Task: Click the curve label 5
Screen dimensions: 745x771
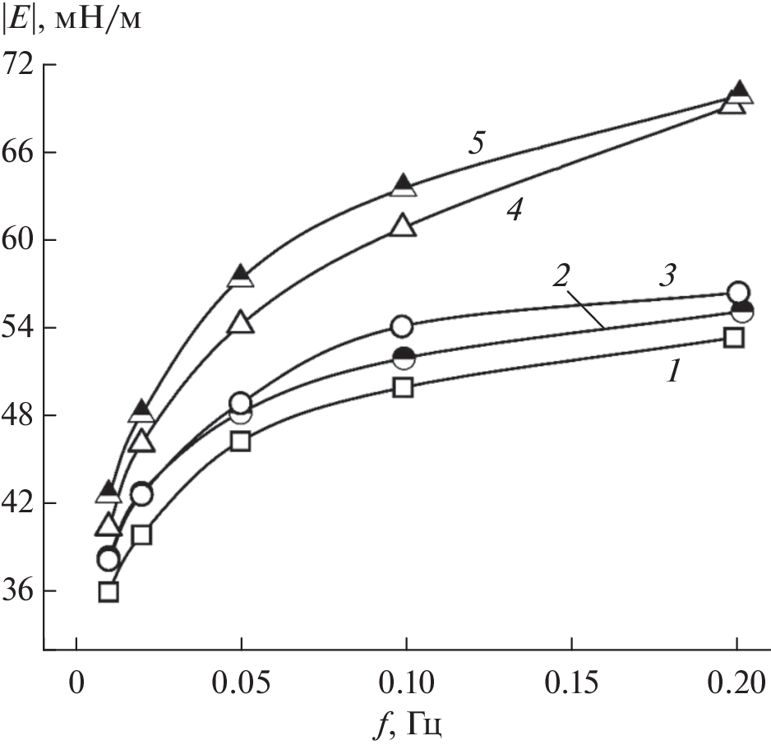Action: (476, 142)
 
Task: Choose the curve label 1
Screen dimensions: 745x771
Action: (673, 372)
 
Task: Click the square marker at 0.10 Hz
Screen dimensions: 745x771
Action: (403, 387)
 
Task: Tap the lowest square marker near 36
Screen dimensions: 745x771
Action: (108, 591)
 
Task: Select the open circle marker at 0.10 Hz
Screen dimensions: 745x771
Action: (402, 326)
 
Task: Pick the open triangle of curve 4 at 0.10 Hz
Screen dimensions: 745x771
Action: (404, 226)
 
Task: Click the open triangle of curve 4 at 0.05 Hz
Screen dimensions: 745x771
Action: (241, 322)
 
